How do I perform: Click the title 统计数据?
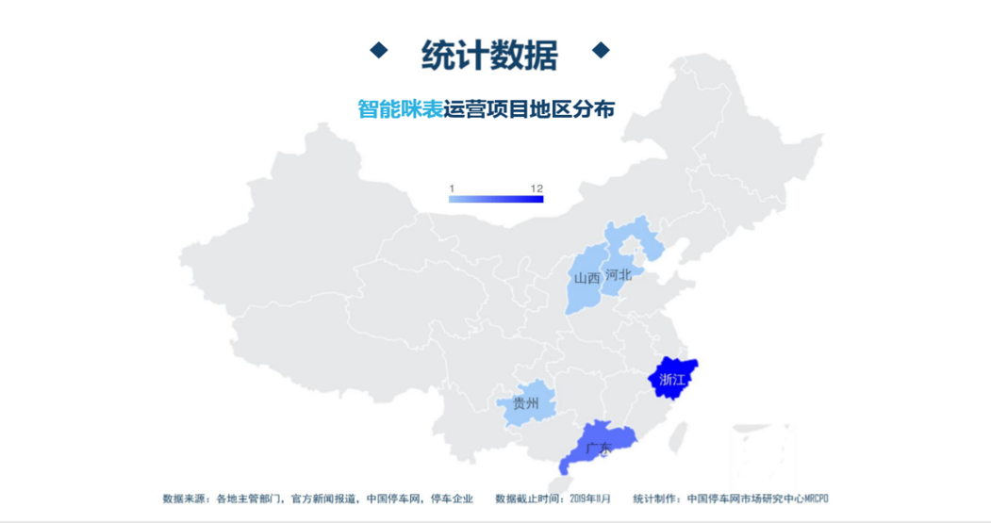coord(489,55)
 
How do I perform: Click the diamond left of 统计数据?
coord(378,50)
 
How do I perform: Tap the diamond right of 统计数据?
coord(601,50)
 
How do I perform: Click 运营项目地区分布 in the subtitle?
coord(529,109)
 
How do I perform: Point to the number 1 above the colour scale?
coord(452,188)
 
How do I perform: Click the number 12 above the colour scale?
coord(537,188)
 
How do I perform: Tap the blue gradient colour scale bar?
coord(496,198)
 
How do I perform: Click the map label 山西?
coord(586,278)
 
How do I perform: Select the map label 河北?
coord(619,274)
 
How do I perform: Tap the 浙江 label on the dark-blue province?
coord(672,380)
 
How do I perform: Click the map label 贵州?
coord(525,404)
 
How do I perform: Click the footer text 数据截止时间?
coord(528,498)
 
